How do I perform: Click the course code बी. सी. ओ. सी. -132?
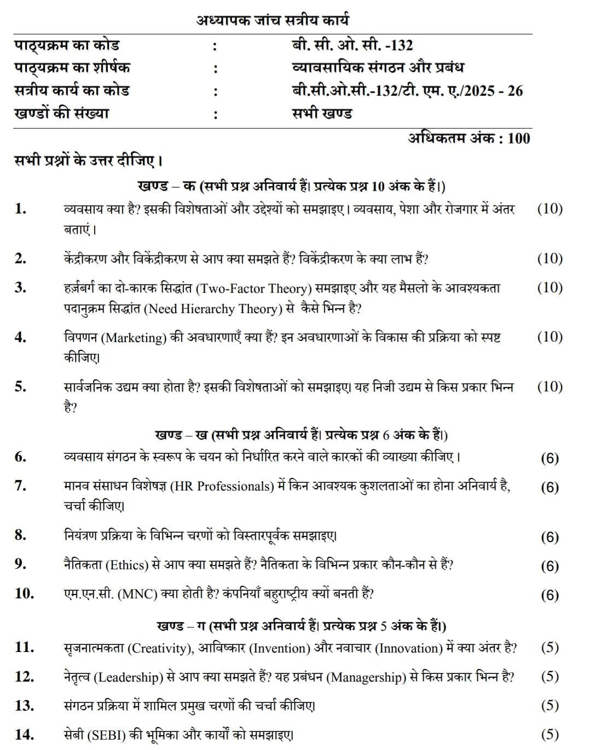352,45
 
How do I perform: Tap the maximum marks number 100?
519,138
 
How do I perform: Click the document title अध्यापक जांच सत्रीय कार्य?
273,21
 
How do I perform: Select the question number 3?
20,287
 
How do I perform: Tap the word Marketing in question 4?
135,338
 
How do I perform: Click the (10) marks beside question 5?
549,386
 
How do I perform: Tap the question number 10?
24,593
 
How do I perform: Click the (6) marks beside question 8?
549,537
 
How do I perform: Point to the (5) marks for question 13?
549,706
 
